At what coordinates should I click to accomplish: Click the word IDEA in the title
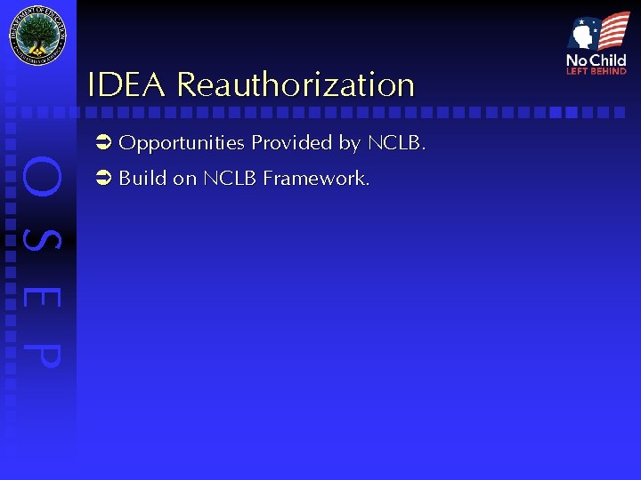pyautogui.click(x=126, y=85)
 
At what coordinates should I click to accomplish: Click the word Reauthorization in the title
pyautogui.click(x=296, y=85)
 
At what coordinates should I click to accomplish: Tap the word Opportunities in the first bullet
pyautogui.click(x=182, y=144)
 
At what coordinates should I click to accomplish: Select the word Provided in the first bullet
pyautogui.click(x=292, y=143)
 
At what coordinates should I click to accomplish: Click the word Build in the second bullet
pyautogui.click(x=142, y=179)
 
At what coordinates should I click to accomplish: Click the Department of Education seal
pyautogui.click(x=37, y=36)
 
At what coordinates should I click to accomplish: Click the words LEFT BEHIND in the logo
pyautogui.click(x=596, y=71)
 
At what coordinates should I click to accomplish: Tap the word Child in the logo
pyautogui.click(x=608, y=60)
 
